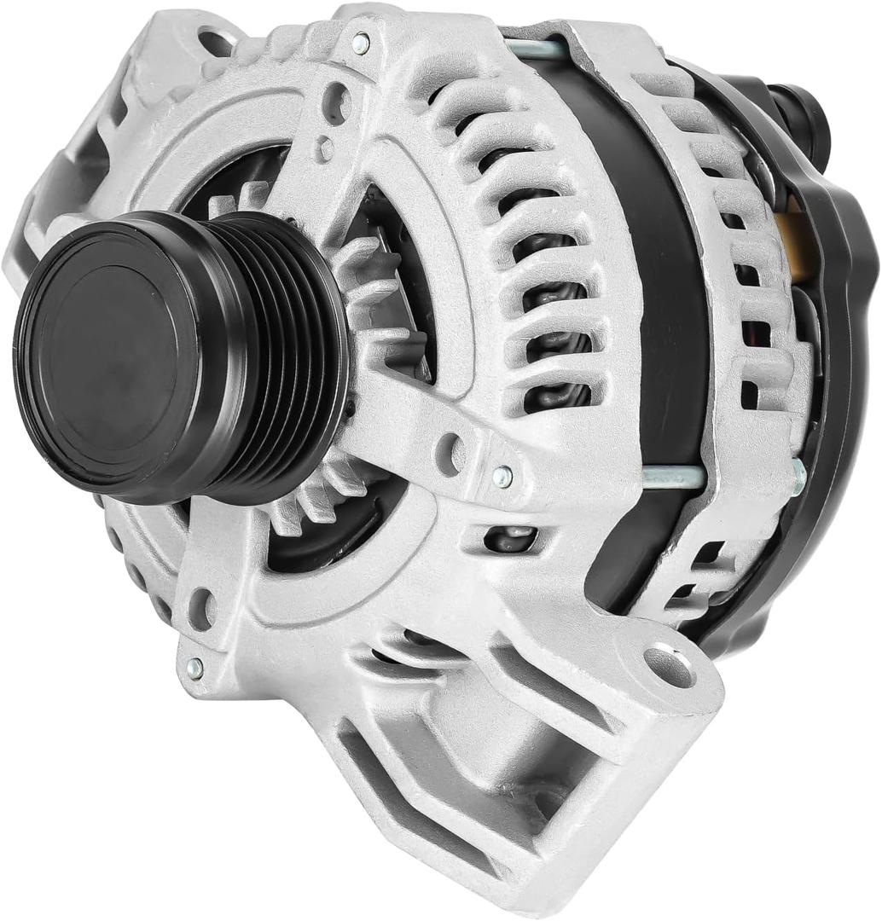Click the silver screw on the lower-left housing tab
pos(195,667)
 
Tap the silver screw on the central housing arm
pos(502,476)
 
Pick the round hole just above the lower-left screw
pos(202,607)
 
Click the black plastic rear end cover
pos(840,358)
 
